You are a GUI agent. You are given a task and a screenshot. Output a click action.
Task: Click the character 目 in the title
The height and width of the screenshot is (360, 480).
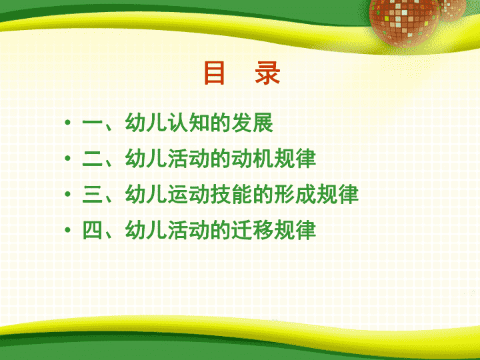tap(215, 73)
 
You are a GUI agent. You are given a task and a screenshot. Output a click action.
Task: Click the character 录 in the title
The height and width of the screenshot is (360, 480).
tap(267, 73)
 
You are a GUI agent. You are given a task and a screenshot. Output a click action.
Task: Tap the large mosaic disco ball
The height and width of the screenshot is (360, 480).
tap(405, 22)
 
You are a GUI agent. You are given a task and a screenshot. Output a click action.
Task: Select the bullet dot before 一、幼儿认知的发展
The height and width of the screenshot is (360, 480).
tap(67, 123)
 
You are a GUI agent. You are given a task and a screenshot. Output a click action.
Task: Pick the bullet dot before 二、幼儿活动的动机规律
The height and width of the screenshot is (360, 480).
tap(67, 158)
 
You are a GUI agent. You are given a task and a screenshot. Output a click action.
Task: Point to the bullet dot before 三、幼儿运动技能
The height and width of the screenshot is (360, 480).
tap(67, 194)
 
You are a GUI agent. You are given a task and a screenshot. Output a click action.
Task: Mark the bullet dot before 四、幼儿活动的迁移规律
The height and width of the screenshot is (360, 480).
tap(67, 229)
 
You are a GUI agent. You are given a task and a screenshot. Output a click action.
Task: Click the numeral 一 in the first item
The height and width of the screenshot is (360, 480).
tap(93, 123)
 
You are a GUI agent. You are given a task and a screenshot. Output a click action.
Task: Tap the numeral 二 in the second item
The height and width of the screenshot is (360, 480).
tap(93, 159)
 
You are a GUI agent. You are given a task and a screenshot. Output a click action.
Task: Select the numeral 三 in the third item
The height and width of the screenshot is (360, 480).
tap(93, 194)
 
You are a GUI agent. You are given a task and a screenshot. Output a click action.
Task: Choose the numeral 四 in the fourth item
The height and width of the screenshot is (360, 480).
tap(93, 229)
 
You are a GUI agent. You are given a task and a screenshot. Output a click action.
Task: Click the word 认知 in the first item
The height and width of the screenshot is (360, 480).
tap(189, 123)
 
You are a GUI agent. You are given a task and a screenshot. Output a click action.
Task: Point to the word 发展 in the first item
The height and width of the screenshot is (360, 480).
tap(253, 123)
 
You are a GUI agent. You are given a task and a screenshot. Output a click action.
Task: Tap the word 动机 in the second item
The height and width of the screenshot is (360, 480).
tap(253, 159)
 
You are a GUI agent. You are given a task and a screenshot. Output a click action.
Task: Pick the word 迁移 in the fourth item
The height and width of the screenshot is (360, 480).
tap(253, 229)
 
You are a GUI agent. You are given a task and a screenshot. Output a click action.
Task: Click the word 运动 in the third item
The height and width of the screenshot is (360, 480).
tap(189, 194)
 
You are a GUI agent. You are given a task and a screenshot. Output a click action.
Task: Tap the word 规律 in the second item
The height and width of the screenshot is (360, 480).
tap(295, 159)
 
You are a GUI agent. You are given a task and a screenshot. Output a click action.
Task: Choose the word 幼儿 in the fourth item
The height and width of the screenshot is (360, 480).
tap(146, 229)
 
